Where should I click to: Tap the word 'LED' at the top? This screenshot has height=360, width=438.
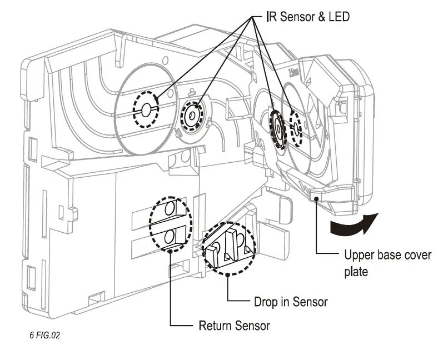338,17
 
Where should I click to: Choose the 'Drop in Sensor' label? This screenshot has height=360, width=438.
290,302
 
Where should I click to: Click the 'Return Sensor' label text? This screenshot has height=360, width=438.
234,325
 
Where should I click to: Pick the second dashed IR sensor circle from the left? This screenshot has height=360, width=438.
192,115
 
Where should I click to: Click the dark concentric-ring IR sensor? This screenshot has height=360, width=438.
276,127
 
